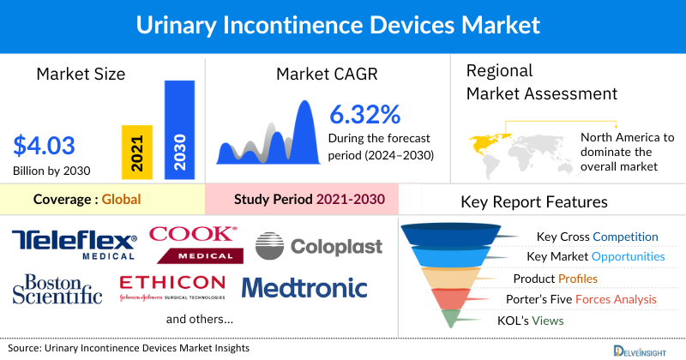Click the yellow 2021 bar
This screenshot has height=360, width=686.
(137, 151)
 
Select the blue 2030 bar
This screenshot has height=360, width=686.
(179, 129)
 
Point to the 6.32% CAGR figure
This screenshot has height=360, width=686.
(365, 114)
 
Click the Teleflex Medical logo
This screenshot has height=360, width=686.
(75, 244)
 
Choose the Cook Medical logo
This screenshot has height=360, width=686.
(192, 243)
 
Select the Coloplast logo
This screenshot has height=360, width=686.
(319, 246)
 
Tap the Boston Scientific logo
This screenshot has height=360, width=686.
(57, 289)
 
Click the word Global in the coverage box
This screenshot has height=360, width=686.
(121, 200)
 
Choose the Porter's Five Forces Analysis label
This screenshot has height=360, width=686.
(585, 299)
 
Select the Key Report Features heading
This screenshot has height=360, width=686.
(534, 202)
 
